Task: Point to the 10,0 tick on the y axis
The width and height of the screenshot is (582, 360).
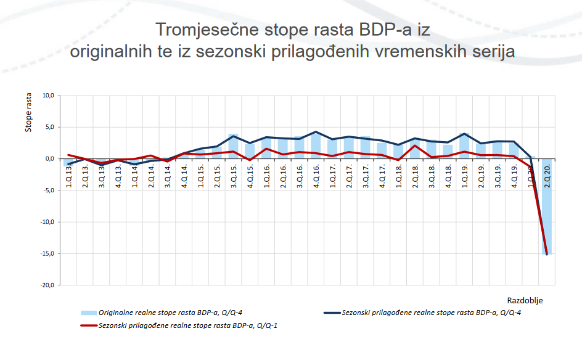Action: click(48, 96)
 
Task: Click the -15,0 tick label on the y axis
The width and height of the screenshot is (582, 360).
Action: click(47, 254)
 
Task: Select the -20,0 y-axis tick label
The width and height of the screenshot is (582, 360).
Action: click(47, 285)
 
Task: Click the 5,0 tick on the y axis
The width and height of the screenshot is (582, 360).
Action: click(50, 127)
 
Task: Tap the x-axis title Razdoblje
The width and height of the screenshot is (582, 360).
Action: click(525, 300)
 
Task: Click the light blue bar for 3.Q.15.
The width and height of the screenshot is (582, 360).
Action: click(233, 146)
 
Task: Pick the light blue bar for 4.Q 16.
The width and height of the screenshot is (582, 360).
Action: click(316, 145)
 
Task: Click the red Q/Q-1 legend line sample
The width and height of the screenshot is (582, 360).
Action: click(88, 325)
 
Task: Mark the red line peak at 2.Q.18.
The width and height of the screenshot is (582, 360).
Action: click(415, 145)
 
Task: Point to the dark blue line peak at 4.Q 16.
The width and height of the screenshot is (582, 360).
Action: click(316, 132)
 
